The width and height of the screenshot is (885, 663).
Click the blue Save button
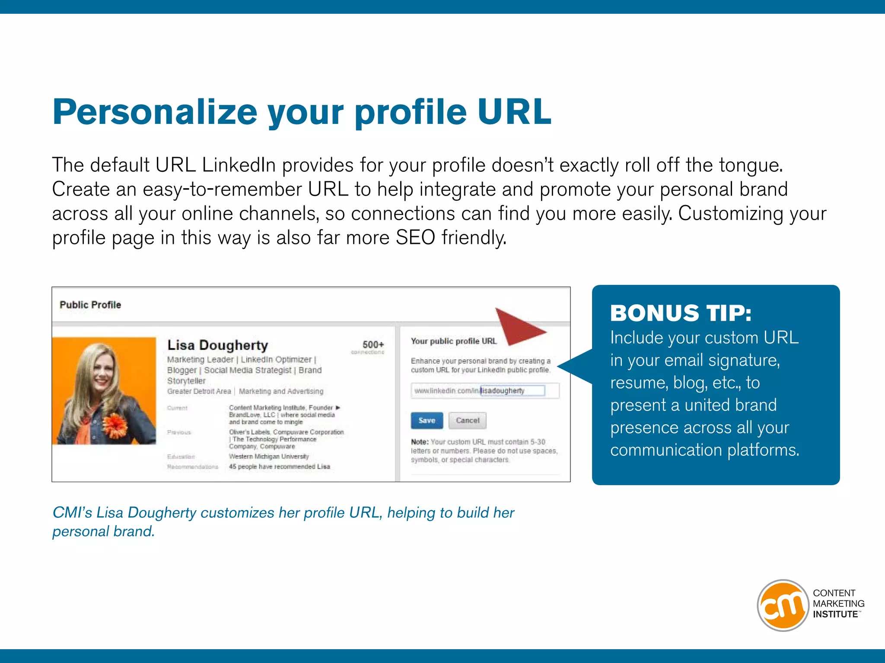pyautogui.click(x=427, y=420)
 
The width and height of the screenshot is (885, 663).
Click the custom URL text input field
pyautogui.click(x=513, y=391)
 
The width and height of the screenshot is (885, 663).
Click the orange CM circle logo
pyautogui.click(x=783, y=605)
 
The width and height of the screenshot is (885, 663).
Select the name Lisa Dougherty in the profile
pyautogui.click(x=217, y=345)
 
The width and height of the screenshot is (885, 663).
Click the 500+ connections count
pyautogui.click(x=372, y=345)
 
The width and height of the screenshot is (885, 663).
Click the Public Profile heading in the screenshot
pyautogui.click(x=90, y=305)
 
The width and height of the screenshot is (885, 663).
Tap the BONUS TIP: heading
pyautogui.click(x=681, y=313)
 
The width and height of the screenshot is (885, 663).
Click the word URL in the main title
pyautogui.click(x=514, y=112)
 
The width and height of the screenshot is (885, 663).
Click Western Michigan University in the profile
pyautogui.click(x=269, y=456)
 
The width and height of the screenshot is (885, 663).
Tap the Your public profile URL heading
pyautogui.click(x=454, y=341)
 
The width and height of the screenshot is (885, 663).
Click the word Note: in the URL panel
pyautogui.click(x=419, y=442)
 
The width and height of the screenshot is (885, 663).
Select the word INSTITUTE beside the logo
pyautogui.click(x=835, y=614)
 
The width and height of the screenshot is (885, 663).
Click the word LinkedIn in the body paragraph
pyautogui.click(x=239, y=165)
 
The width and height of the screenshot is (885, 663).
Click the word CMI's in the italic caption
pyautogui.click(x=72, y=512)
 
